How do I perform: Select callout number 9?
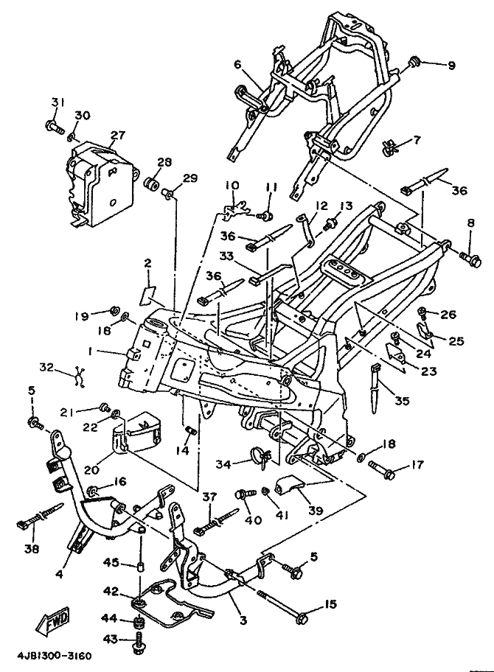pyautogui.click(x=450, y=66)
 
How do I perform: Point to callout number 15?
pyautogui.click(x=329, y=605)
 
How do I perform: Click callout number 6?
pyautogui.click(x=237, y=65)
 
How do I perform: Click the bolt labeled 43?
pyautogui.click(x=138, y=646)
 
